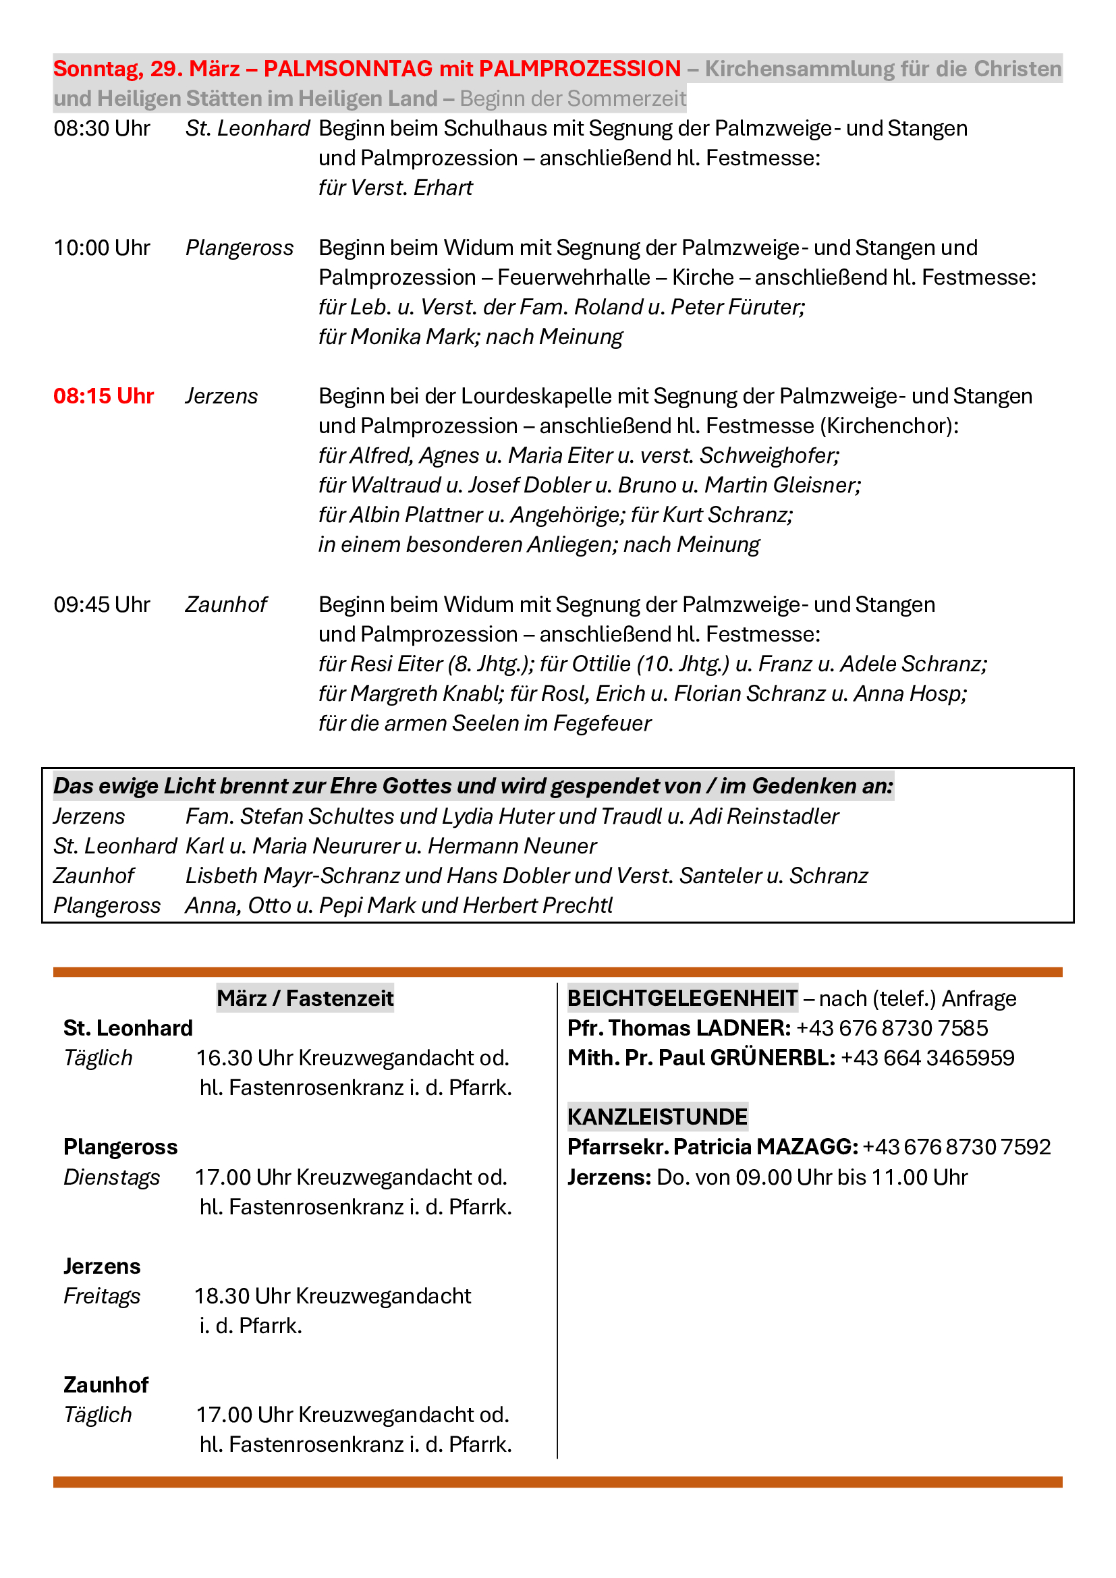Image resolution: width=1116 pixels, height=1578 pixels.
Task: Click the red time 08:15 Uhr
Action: click(x=103, y=397)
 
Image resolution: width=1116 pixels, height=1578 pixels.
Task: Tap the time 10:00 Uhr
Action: click(x=102, y=248)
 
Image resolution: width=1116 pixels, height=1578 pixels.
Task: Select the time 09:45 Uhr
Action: click(x=102, y=604)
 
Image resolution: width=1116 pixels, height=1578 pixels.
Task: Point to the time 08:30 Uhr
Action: click(x=102, y=129)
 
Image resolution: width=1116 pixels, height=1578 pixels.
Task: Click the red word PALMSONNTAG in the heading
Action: click(x=347, y=69)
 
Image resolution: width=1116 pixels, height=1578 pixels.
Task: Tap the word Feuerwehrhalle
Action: click(x=573, y=278)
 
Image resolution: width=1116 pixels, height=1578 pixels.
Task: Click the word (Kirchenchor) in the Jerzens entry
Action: click(x=888, y=426)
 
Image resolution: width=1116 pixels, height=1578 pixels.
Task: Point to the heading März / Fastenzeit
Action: click(x=305, y=998)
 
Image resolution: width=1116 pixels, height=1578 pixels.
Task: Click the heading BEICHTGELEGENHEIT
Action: click(x=681, y=998)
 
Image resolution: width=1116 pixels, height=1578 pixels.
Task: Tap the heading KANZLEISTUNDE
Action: click(x=657, y=1117)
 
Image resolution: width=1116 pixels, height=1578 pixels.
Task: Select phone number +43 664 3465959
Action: click(x=927, y=1058)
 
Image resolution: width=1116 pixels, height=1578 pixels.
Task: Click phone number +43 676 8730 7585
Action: click(x=891, y=1028)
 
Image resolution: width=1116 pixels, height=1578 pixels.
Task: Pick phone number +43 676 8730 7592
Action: click(x=957, y=1147)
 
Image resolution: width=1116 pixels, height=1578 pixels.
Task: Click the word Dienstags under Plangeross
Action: click(x=111, y=1177)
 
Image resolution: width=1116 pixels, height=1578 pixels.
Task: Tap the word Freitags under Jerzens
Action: click(x=102, y=1296)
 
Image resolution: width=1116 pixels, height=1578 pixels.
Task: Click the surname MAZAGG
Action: click(x=807, y=1147)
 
